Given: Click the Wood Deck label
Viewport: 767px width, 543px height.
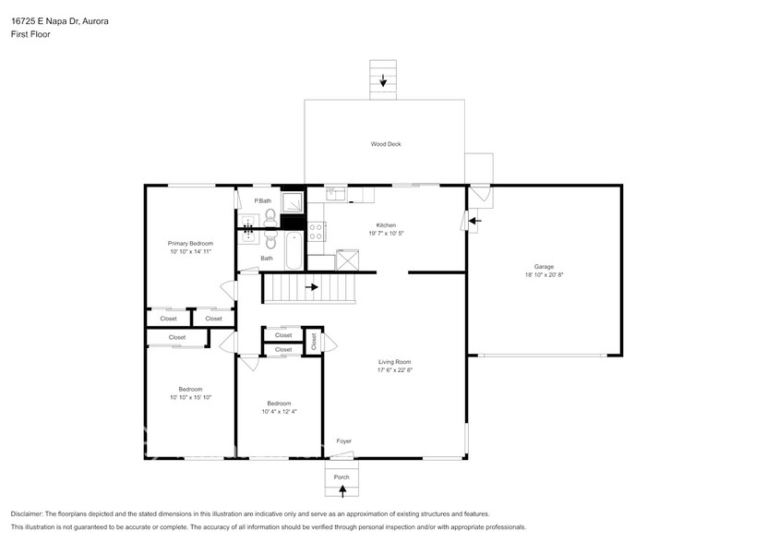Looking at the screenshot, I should (386, 144).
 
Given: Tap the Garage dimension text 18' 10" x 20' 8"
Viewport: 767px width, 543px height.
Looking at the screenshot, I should (544, 275).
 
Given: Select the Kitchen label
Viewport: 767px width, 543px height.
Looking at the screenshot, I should (385, 225).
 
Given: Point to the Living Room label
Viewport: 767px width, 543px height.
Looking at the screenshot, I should (394, 361).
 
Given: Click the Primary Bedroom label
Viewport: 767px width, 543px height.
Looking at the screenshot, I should (190, 243).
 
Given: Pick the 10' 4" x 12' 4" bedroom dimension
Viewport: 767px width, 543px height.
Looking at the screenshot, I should (279, 412).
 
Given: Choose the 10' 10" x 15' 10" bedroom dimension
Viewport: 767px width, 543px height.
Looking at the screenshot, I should (190, 398).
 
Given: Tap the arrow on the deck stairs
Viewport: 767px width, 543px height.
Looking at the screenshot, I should (383, 81).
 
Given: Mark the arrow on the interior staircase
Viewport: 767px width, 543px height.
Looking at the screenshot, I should (312, 287).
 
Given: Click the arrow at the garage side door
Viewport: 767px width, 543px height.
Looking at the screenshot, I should (474, 221).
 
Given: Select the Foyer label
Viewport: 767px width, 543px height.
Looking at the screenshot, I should (343, 441).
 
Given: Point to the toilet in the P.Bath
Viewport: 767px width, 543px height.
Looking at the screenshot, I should (269, 216).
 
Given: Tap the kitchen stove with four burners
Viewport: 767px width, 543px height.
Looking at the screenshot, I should (317, 231).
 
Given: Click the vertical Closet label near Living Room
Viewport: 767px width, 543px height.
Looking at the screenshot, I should (313, 342).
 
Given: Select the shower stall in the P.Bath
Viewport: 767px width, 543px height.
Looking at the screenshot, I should (293, 201).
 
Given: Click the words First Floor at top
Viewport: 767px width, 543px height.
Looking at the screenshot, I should (30, 34).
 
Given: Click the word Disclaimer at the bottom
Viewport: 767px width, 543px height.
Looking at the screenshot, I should (27, 513).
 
